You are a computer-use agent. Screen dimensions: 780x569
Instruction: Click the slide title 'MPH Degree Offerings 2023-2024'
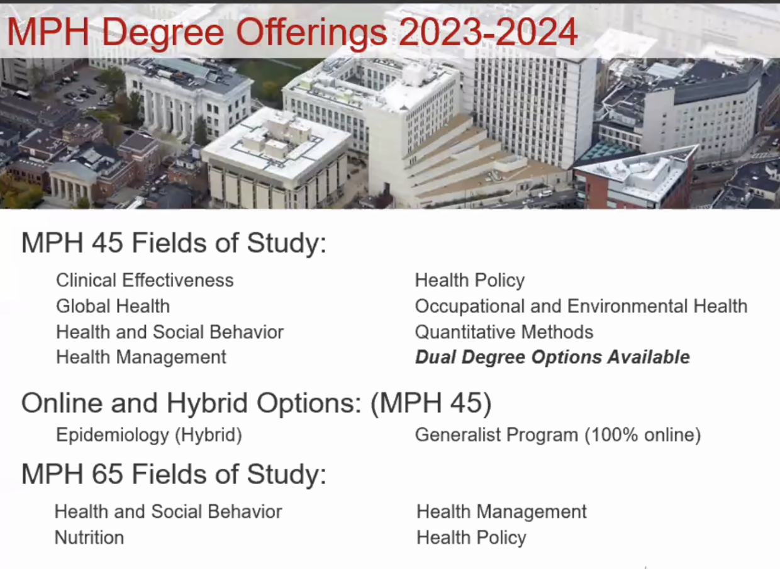coord(292,32)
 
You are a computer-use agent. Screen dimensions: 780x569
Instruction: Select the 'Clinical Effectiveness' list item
coord(145,280)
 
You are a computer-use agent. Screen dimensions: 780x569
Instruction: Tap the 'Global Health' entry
coord(113,306)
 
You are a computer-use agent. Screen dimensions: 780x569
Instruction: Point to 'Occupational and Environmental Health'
coord(581,306)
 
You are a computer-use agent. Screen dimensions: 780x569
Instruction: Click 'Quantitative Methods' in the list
coord(504,332)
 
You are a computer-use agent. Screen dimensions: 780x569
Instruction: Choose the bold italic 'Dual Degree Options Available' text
coord(553,357)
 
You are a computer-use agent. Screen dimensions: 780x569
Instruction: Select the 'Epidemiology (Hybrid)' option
coord(149,435)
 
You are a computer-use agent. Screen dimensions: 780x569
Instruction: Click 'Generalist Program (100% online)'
coord(558,435)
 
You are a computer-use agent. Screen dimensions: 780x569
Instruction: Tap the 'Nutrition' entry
coord(89,538)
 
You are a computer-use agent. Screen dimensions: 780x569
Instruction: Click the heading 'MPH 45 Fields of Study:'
coord(174,242)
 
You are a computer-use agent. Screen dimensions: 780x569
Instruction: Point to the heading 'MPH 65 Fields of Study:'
coord(174,474)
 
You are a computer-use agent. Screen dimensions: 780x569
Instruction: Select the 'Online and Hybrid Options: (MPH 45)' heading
coord(256,403)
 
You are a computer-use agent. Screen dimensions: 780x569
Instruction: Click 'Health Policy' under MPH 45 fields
coord(470,281)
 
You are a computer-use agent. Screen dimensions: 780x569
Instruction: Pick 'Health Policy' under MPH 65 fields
coord(472,538)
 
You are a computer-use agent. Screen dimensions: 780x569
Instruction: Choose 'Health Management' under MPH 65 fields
coord(502,512)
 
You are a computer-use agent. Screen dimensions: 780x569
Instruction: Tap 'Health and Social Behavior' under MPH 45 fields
coord(170,332)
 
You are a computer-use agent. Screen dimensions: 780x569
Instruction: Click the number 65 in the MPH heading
coord(107,474)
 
